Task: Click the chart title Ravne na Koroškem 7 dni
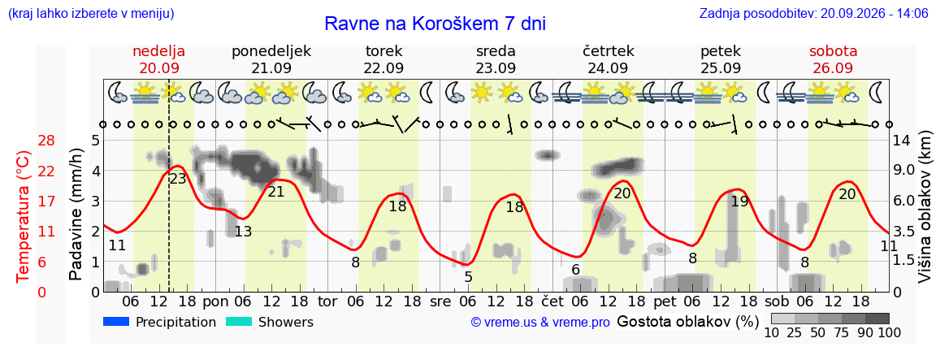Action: click(x=435, y=24)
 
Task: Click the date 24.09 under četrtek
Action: click(x=609, y=68)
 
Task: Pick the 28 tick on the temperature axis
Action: click(x=46, y=141)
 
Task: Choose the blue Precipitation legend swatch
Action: click(x=117, y=322)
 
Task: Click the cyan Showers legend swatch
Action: click(x=240, y=322)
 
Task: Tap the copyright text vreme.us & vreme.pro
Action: click(x=540, y=323)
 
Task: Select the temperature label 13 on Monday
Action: click(x=243, y=231)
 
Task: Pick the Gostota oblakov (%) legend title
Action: click(x=687, y=323)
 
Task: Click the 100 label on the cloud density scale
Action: click(x=888, y=332)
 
